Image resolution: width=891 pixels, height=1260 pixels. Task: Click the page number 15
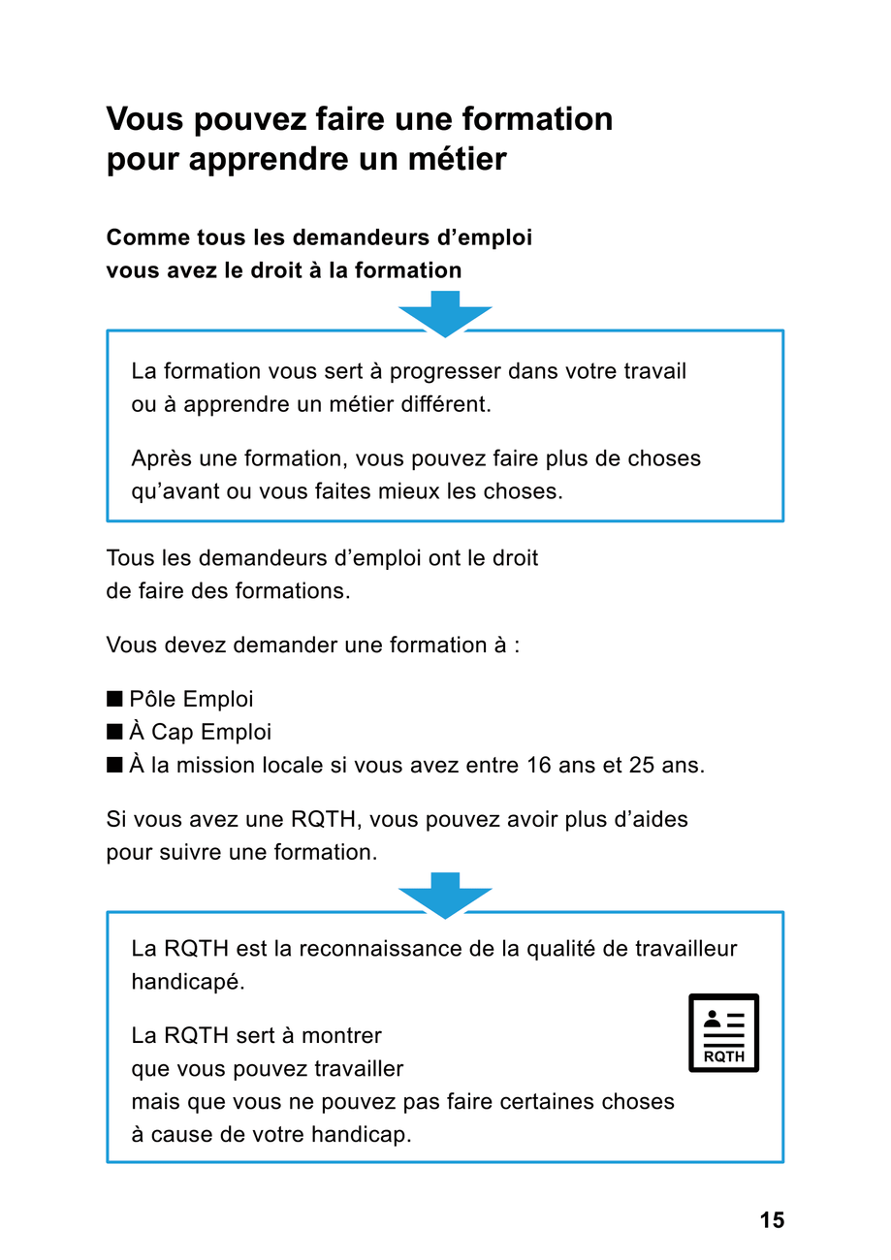772,1220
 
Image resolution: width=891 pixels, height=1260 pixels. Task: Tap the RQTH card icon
723,1033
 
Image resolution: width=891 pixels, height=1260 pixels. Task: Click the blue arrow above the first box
445,313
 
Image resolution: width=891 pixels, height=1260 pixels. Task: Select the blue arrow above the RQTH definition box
445,895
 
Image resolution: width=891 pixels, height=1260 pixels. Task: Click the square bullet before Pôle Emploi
114,699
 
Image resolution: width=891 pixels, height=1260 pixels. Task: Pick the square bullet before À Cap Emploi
114,732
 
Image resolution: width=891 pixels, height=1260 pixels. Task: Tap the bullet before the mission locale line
114,765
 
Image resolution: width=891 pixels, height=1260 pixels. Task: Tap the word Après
162,458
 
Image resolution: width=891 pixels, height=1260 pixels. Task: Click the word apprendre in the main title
255,159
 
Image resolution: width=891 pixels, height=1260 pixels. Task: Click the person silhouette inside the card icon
713,1019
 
